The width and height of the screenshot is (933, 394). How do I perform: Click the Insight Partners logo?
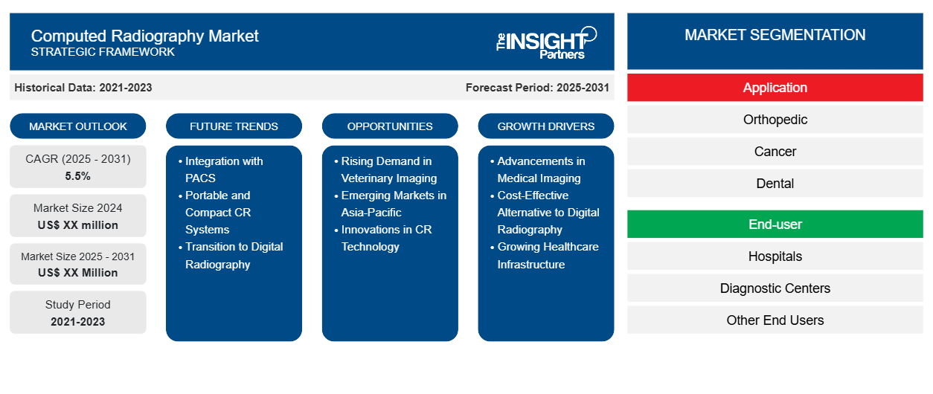(546, 42)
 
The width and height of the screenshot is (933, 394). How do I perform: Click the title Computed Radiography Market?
(144, 36)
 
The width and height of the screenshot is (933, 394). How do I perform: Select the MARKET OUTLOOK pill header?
(78, 126)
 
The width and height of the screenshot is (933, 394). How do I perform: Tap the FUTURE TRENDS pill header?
(234, 126)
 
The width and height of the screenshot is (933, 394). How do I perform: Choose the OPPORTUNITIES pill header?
(390, 126)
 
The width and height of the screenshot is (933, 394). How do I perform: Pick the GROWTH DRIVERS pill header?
(546, 126)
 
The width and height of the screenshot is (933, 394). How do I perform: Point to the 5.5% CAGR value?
(78, 176)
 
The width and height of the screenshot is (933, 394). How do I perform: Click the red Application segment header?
(775, 88)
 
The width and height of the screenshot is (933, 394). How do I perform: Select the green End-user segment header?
(775, 224)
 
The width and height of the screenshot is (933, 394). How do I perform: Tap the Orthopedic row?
(775, 120)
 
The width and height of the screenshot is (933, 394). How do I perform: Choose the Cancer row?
(775, 152)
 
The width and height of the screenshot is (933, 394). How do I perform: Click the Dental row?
(775, 184)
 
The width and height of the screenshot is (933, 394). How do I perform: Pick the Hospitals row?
(775, 256)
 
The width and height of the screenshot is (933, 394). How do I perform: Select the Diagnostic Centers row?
(775, 288)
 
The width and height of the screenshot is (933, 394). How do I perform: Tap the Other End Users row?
(775, 320)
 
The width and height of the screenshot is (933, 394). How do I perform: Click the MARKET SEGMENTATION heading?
(775, 35)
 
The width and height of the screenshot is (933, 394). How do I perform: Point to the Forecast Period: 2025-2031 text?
(537, 88)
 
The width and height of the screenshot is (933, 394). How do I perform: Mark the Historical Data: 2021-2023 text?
(83, 88)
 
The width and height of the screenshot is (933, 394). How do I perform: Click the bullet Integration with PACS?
(223, 169)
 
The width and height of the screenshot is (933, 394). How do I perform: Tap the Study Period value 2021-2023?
(78, 322)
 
